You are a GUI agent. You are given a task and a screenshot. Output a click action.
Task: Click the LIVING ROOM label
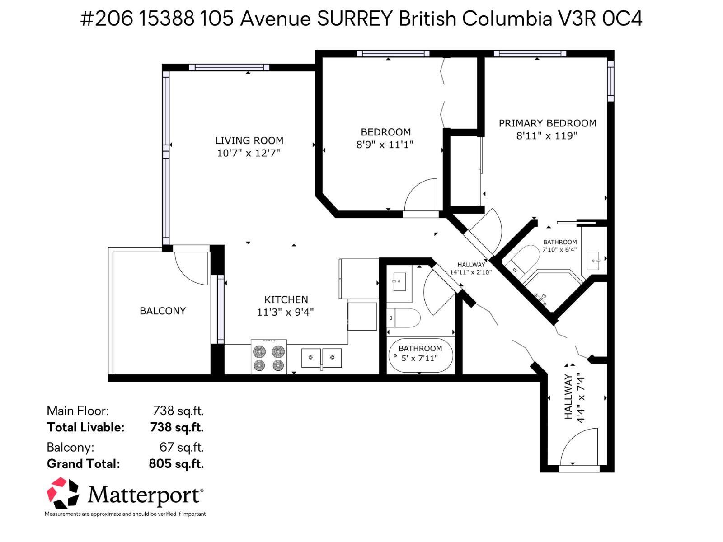tap(249, 140)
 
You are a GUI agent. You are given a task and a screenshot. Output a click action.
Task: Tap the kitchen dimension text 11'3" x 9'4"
tap(285, 312)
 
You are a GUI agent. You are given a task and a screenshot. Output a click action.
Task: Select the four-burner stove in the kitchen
tap(269, 358)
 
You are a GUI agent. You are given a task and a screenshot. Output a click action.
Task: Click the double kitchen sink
tap(321, 358)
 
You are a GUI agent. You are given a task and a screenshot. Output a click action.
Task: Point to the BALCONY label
tap(163, 311)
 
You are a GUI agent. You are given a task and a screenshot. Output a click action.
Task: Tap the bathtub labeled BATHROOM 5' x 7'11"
tap(420, 356)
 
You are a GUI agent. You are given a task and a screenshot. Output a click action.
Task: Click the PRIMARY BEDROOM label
tap(547, 123)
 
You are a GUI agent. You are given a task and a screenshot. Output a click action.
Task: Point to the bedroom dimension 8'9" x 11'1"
tap(385, 145)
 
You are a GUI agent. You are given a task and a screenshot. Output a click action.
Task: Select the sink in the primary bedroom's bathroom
tap(592, 261)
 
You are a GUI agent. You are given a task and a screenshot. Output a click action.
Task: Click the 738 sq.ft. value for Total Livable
tap(177, 427)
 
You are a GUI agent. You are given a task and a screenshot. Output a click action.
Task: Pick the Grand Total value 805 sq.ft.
tap(176, 464)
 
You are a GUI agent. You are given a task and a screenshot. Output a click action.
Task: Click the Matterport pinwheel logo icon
tap(63, 493)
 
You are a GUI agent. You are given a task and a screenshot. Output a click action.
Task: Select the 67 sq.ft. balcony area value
tap(182, 447)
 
